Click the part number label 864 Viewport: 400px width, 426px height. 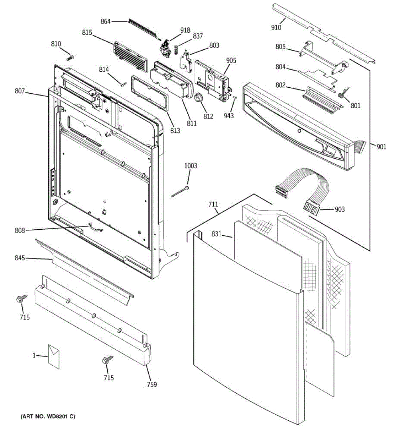pos(106,21)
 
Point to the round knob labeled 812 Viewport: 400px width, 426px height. pos(198,97)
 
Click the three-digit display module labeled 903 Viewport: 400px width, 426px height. pos(310,208)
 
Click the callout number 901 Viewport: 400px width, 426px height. pos(381,147)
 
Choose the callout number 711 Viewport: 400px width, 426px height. pos(213,204)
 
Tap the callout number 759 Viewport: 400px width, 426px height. pos(151,384)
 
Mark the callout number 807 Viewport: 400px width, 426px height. pos(20,91)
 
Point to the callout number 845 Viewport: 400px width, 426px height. pos(20,258)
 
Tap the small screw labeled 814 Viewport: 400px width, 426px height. pos(123,84)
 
